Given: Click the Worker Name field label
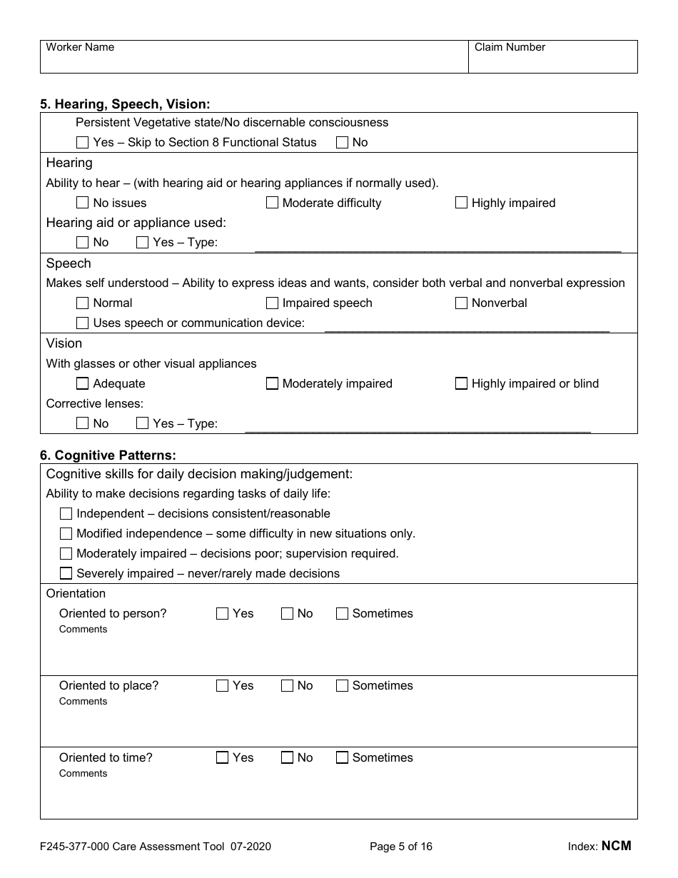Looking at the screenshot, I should tap(80, 47).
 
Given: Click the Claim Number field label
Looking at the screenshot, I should tap(510, 47).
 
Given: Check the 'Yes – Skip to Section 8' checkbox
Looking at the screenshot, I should tap(83, 143).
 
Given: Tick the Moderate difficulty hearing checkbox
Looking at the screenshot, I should tap(272, 203).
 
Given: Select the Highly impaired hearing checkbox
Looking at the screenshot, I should tap(461, 203).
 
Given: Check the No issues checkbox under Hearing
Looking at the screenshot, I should tap(83, 203).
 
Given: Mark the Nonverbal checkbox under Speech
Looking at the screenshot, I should tap(461, 303).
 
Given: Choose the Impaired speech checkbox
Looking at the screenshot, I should tap(272, 303).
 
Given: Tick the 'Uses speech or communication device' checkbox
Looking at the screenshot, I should tap(83, 323).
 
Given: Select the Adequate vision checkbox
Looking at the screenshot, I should tap(83, 383).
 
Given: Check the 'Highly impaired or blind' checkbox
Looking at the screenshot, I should tap(461, 383).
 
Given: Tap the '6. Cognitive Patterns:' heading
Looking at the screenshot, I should tap(108, 455).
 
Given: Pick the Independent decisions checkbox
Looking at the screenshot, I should tap(66, 513).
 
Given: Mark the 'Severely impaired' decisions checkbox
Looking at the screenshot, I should tap(66, 573).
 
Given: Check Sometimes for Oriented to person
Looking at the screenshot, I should tap(342, 613).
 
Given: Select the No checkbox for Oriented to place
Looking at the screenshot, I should tap(287, 685).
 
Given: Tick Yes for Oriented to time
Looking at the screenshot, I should tap(223, 757).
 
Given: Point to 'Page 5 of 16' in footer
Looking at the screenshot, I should tap(401, 847).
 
